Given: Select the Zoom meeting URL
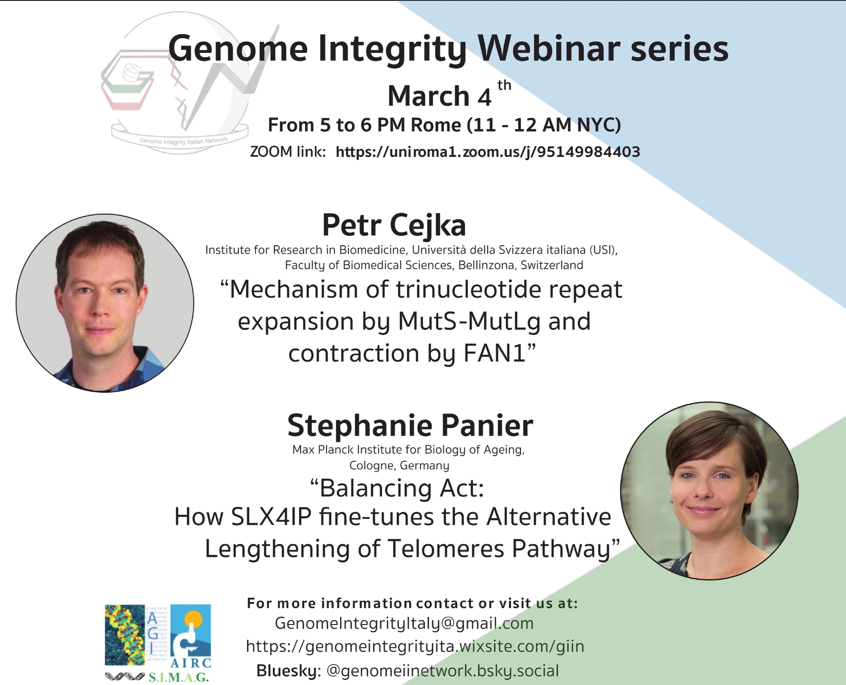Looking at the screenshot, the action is pyautogui.click(x=488, y=152).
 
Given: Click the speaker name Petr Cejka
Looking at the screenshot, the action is pyautogui.click(x=394, y=225).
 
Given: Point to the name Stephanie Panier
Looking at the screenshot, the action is pyautogui.click(x=410, y=425).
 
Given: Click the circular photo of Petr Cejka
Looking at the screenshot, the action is pyautogui.click(x=105, y=303).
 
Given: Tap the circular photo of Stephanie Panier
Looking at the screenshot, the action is pyautogui.click(x=709, y=490).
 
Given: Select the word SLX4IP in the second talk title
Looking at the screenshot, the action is pyautogui.click(x=271, y=517).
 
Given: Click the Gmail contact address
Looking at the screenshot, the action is pyautogui.click(x=404, y=623).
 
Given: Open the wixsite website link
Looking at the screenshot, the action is pyautogui.click(x=415, y=647).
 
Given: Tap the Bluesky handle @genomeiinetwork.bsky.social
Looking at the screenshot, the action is pyautogui.click(x=443, y=671).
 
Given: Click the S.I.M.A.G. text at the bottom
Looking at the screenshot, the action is pyautogui.click(x=179, y=677).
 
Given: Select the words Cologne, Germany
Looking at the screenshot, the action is pyautogui.click(x=399, y=466).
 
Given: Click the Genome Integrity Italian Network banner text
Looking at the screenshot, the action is pyautogui.click(x=183, y=141).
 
